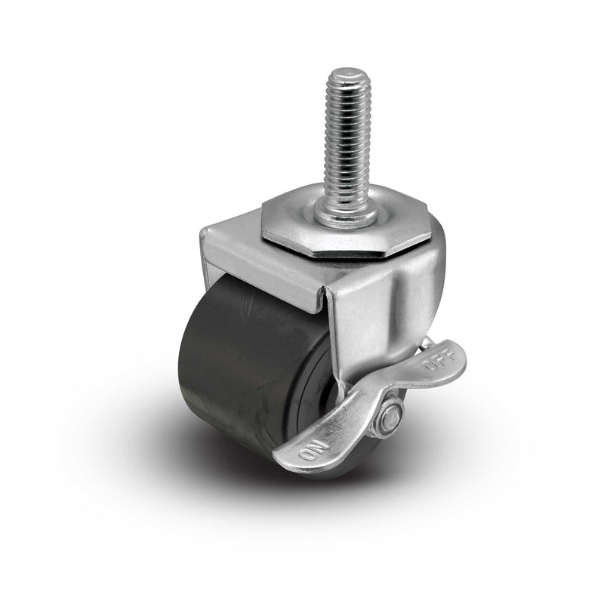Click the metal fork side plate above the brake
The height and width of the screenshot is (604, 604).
381,317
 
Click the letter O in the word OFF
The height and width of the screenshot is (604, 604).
431,370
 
